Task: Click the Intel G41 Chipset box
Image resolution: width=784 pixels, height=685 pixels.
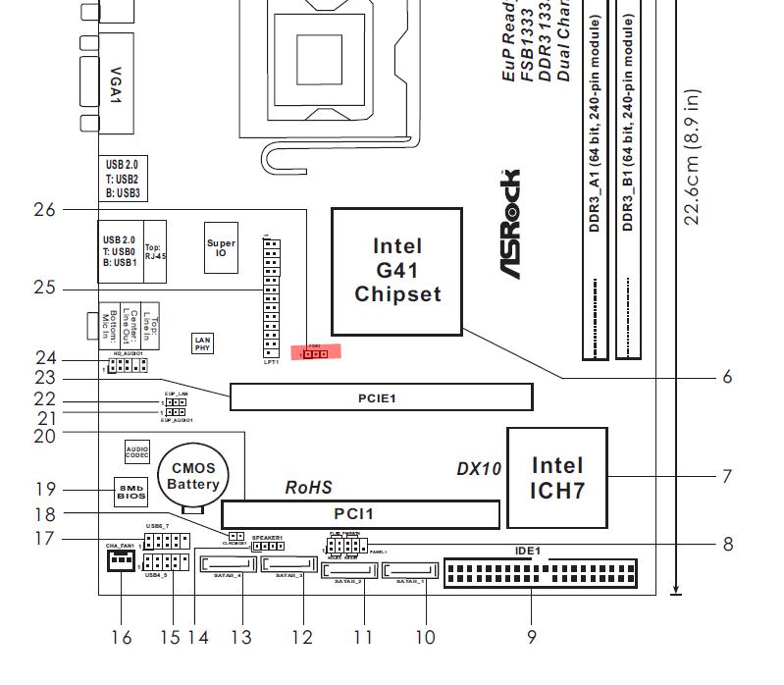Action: click(x=396, y=271)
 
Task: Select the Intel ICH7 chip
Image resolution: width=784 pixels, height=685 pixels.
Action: click(x=556, y=477)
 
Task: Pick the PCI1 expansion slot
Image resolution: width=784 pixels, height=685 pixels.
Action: click(x=359, y=513)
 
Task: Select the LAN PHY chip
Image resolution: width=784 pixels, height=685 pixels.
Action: click(x=203, y=342)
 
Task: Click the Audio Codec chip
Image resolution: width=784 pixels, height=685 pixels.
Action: click(x=137, y=451)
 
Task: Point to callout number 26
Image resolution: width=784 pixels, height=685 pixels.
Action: click(x=45, y=209)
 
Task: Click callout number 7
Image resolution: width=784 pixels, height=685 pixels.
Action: click(x=727, y=477)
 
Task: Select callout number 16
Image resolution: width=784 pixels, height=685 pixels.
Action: click(x=121, y=638)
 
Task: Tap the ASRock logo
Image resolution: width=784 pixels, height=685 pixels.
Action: click(x=513, y=224)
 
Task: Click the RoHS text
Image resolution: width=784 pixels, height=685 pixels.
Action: click(x=308, y=487)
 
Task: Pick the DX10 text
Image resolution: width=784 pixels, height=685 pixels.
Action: click(x=479, y=469)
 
